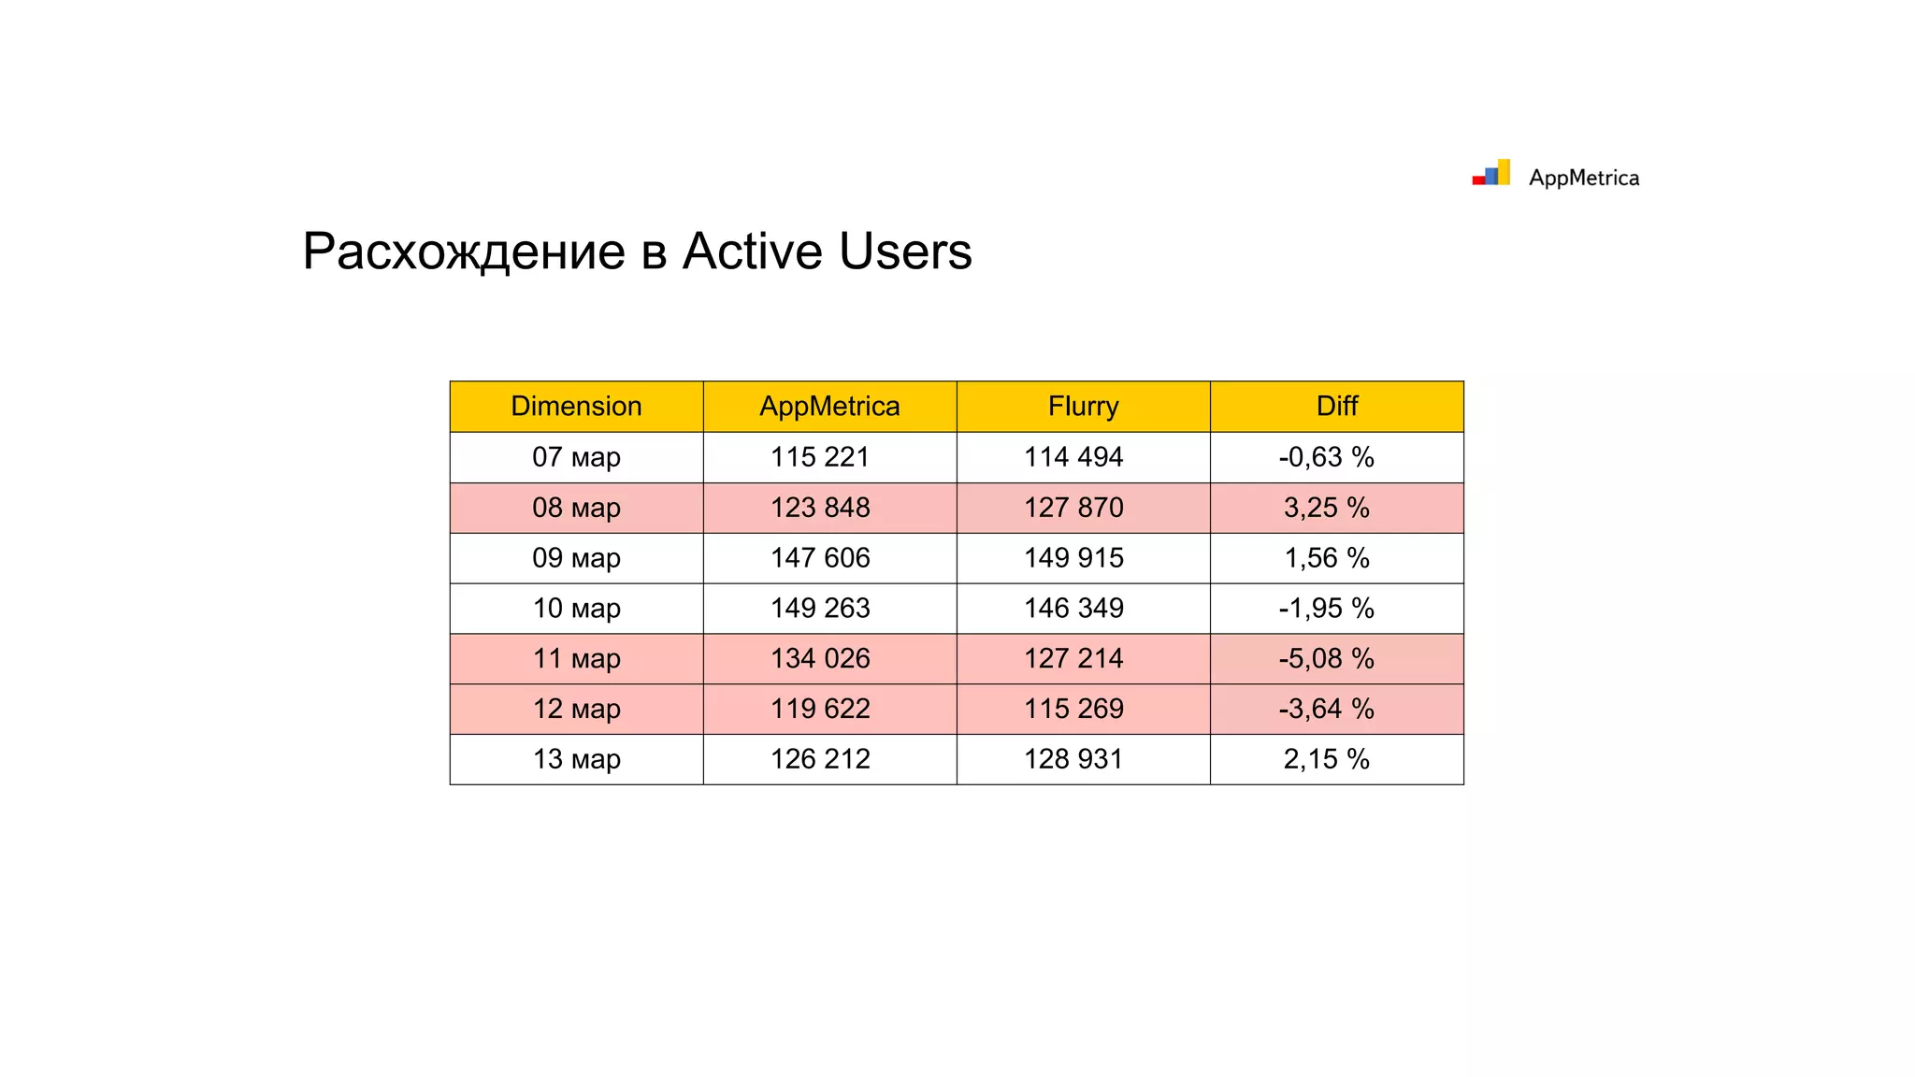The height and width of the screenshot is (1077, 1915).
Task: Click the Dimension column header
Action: coord(576,406)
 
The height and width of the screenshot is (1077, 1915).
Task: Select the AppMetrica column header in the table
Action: coord(829,406)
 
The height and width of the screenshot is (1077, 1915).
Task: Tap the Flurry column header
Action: coord(1083,406)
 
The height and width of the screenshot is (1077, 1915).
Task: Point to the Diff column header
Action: coord(1336,406)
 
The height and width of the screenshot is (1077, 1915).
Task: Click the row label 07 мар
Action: coord(576,457)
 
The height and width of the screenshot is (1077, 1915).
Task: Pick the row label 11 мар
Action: coord(576,659)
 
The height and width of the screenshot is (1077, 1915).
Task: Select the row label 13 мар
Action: coord(576,759)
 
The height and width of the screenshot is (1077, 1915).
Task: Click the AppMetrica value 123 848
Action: coord(820,508)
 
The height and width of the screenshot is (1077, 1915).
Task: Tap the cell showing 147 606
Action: coord(820,558)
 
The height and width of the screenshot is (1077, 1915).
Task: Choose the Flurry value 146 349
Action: coord(1073,609)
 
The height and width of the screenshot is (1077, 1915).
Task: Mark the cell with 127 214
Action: coord(1073,659)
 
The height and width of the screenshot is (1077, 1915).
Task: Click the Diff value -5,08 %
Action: coord(1326,659)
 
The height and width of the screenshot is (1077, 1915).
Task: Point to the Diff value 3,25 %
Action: coord(1326,508)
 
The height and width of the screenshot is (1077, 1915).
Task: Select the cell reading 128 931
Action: coord(1073,759)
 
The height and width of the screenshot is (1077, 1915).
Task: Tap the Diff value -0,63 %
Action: coord(1326,457)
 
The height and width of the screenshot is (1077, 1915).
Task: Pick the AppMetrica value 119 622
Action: coord(820,710)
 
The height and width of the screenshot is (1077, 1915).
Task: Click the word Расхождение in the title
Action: coord(464,251)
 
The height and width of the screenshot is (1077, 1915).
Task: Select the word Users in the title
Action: coord(905,251)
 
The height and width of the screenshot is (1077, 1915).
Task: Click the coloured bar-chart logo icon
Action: coord(1491,173)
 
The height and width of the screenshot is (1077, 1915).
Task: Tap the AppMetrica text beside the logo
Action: coord(1584,178)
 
